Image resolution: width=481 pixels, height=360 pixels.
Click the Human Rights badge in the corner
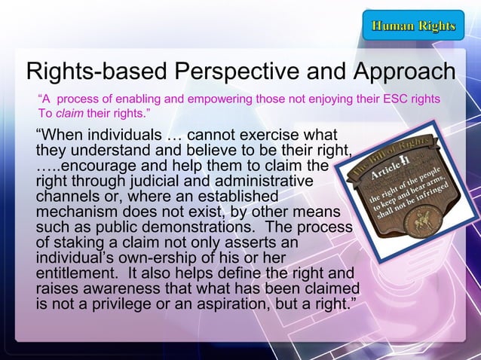pyautogui.click(x=413, y=27)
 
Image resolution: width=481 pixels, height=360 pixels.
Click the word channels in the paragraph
pyautogui.click(x=66, y=197)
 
